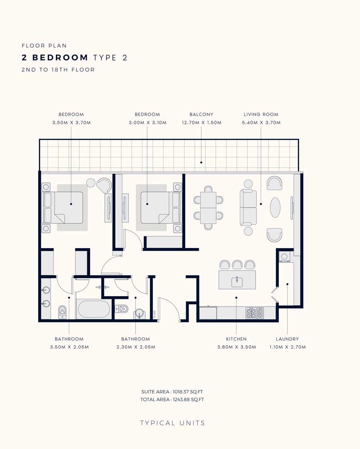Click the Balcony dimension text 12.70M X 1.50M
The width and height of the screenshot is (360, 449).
202,122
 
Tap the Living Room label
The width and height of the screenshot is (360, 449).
261,114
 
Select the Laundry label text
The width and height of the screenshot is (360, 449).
287,339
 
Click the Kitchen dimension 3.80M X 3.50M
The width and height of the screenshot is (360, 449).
236,347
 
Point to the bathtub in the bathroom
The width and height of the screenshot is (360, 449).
94,309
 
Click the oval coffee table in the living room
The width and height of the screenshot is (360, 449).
275,207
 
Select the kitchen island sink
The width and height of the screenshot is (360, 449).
237,282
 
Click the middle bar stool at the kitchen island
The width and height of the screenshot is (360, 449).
237,265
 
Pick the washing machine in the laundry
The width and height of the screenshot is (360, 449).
284,257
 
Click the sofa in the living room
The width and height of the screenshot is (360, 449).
248,207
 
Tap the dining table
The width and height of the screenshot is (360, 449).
208,208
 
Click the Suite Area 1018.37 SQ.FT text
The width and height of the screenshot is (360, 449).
172,392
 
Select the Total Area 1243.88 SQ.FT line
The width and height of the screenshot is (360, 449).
172,399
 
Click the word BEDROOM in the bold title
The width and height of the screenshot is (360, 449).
60,58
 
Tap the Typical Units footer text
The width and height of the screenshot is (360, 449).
172,423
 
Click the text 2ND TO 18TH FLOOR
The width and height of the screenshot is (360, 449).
58,70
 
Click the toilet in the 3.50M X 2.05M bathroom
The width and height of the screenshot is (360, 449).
62,313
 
